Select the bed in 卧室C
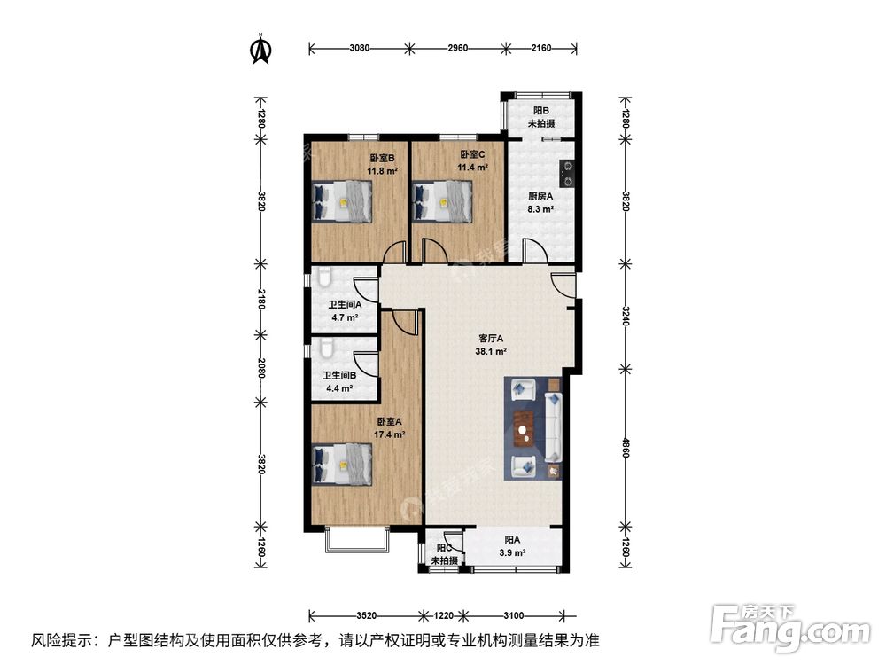[443, 201]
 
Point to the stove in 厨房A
[566, 172]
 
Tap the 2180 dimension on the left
[260, 299]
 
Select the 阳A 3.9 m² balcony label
[511, 545]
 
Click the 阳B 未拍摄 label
[541, 117]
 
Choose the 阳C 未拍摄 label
[443, 554]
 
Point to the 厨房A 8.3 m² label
[540, 203]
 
